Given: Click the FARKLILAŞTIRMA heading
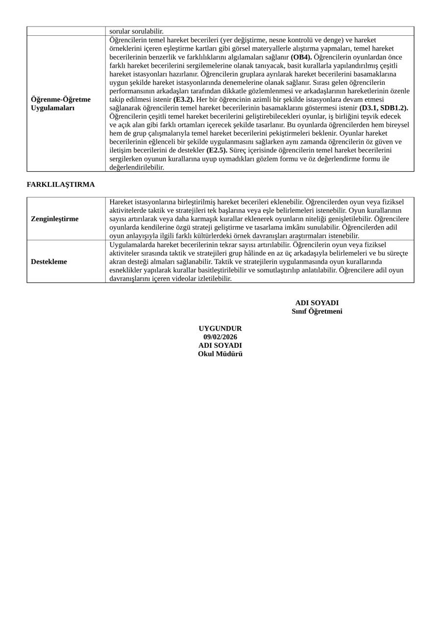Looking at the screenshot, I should [x=61, y=184].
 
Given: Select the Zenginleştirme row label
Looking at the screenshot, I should [x=54, y=219].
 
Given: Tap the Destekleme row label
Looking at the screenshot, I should [x=49, y=261].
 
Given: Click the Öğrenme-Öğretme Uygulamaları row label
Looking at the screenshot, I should [x=61, y=103].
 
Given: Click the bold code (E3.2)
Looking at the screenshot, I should [x=184, y=99].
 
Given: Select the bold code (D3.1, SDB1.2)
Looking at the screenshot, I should [x=384, y=107].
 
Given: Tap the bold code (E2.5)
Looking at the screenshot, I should [x=217, y=150].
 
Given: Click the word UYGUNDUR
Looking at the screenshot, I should [x=220, y=328].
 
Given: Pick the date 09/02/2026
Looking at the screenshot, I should [x=220, y=337].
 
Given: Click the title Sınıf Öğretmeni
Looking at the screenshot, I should [x=317, y=311].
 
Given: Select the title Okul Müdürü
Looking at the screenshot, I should [x=220, y=354].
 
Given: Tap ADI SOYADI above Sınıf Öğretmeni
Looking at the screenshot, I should [x=317, y=303].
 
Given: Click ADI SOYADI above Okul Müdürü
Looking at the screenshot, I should [x=220, y=345].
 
